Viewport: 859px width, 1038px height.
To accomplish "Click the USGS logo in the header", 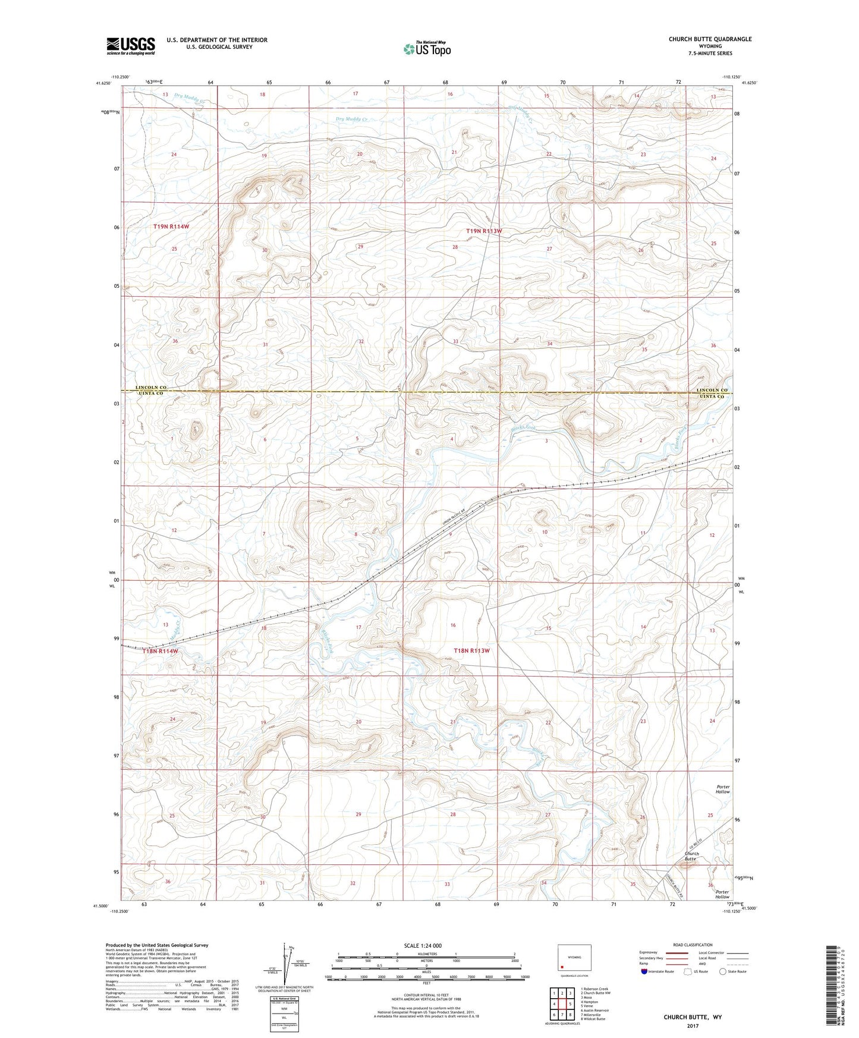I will [x=131, y=46].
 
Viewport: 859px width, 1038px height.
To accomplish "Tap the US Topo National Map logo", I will [x=426, y=48].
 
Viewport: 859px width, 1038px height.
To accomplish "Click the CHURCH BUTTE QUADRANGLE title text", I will [x=710, y=39].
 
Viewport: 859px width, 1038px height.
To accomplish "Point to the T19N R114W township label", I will [x=171, y=227].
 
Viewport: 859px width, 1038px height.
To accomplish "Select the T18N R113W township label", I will [x=471, y=651].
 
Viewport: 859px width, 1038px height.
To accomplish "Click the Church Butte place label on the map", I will [x=690, y=856].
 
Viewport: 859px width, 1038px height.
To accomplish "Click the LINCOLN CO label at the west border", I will [x=151, y=387].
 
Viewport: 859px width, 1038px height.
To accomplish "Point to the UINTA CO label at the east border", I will [x=712, y=397].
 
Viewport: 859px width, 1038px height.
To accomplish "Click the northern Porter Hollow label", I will [x=722, y=789].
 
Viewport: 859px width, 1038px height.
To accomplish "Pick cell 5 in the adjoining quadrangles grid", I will [x=569, y=1004].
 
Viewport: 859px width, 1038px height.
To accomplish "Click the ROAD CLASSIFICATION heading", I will [x=692, y=945].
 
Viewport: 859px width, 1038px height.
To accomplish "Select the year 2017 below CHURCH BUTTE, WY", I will [x=692, y=1026].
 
